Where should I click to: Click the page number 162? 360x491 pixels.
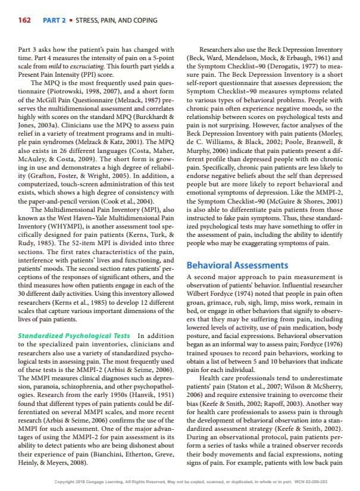click(x=23, y=21)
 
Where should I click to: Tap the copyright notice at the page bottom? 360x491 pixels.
click(x=179, y=481)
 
